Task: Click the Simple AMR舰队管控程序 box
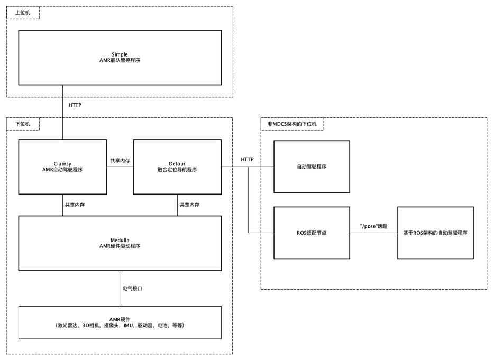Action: (120, 57)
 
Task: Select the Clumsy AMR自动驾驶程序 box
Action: (62, 167)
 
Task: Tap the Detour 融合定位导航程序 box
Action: (177, 167)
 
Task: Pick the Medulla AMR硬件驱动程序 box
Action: (120, 243)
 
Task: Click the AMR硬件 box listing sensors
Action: (120, 322)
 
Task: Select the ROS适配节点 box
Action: (312, 233)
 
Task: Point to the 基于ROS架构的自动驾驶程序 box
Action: (435, 233)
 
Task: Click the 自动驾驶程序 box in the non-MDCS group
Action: (312, 167)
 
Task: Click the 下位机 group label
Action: (23, 124)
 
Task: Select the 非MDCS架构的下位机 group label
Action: (293, 124)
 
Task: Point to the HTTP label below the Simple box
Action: (75, 105)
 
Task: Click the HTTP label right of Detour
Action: (247, 159)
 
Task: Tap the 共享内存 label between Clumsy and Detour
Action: (120, 160)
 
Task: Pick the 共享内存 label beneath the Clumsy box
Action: (75, 205)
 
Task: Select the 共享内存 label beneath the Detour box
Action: (189, 205)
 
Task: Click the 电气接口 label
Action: (132, 289)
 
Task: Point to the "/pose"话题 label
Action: (373, 226)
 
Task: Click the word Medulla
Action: (120, 239)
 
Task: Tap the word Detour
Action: (177, 163)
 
